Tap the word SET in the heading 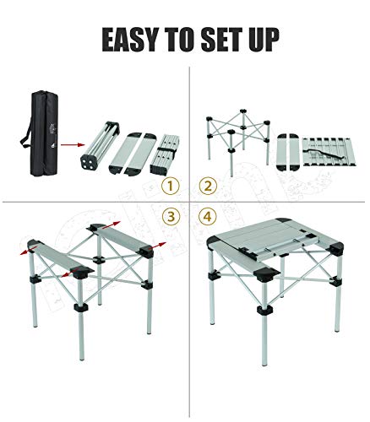234,40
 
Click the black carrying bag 39,130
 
